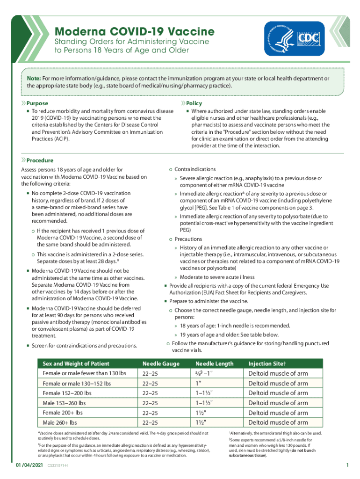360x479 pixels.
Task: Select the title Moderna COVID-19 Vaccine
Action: (135, 32)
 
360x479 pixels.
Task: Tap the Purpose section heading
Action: (37, 103)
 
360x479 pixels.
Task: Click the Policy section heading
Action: (194, 103)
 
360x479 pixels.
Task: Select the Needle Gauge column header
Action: (161, 363)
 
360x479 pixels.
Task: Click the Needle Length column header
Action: (214, 363)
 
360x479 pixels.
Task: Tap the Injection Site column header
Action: (267, 363)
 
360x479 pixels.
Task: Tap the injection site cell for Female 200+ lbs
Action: (278, 413)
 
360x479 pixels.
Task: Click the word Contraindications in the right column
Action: (195, 169)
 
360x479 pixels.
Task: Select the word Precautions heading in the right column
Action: (188, 239)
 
